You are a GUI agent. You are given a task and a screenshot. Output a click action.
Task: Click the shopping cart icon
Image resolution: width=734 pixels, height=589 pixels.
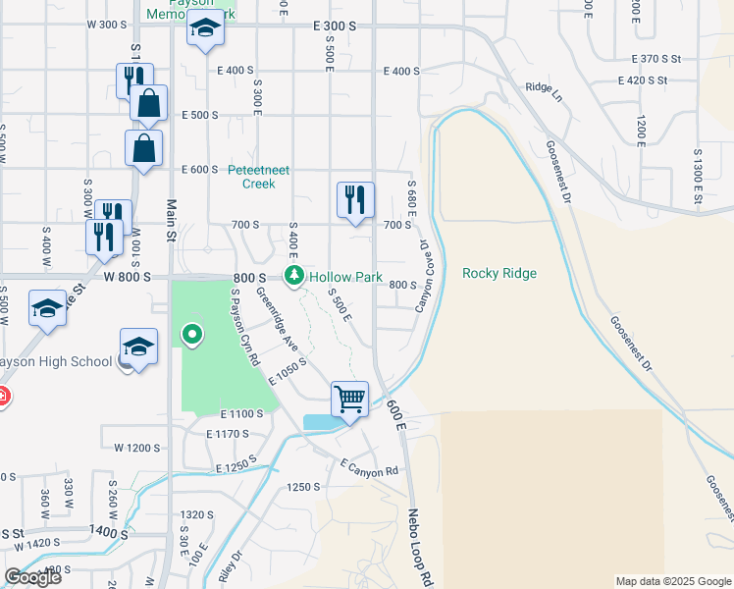tap(349, 399)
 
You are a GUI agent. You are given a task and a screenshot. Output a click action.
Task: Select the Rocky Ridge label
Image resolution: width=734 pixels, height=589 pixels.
tap(499, 274)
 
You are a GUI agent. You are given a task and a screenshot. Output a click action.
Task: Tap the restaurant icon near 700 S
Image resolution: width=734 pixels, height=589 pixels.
tap(354, 199)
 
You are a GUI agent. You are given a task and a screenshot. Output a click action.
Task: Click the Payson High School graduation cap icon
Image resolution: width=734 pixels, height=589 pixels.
tap(139, 346)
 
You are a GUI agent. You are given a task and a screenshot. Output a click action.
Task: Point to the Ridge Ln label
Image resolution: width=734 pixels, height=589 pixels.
tap(542, 87)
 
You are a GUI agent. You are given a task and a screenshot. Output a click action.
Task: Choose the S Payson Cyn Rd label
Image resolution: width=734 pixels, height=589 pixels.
tap(243, 326)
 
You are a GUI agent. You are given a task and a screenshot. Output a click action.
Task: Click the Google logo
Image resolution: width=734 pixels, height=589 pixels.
tap(32, 576)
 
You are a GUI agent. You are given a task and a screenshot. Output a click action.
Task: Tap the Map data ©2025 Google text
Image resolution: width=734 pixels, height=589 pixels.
tap(672, 581)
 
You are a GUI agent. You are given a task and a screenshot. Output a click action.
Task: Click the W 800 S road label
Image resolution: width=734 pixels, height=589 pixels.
tap(128, 277)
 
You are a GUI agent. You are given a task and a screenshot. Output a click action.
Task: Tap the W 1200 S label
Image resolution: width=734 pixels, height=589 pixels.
tap(136, 448)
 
